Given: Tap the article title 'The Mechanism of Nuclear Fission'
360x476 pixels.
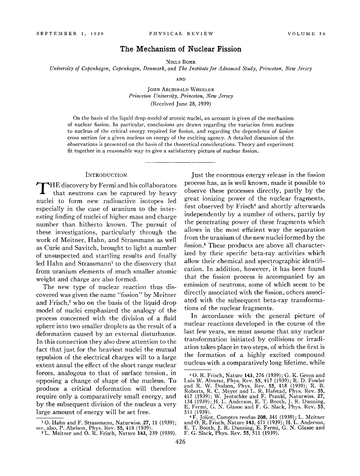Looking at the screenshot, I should click(x=180, y=49).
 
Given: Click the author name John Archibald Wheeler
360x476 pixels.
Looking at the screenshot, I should click(x=180, y=88).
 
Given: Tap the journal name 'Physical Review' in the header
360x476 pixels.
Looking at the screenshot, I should click(x=180, y=34).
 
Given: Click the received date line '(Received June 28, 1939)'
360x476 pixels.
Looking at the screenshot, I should click(x=180, y=103).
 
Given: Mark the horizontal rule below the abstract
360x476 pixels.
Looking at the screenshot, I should click(x=180, y=162).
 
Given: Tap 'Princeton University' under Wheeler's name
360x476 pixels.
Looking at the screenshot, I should click(x=151, y=96).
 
